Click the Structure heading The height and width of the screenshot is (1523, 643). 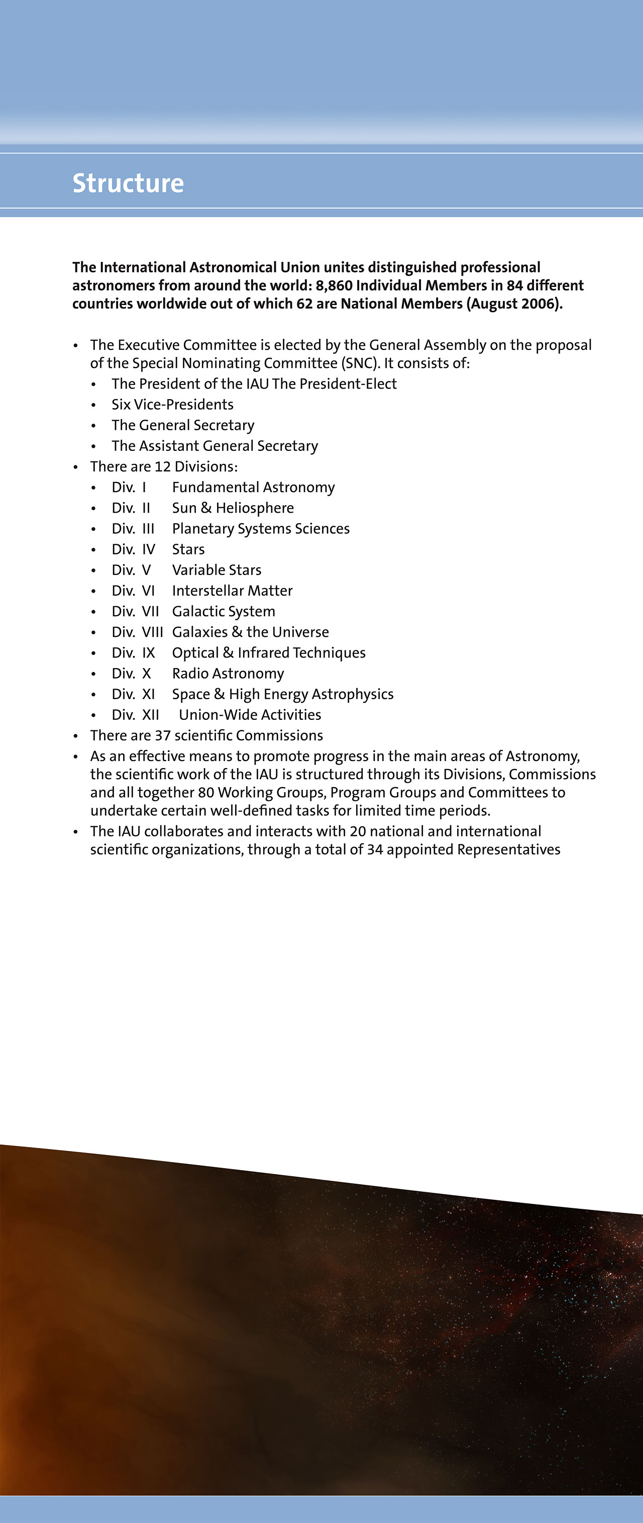[x=128, y=183]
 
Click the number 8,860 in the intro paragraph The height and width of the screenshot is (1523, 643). [x=334, y=285]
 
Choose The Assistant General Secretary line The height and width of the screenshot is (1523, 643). [x=215, y=446]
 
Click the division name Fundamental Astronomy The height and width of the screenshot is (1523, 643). [x=253, y=487]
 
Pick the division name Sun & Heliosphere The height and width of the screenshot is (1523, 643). [x=233, y=508]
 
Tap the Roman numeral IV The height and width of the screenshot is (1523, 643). [x=148, y=549]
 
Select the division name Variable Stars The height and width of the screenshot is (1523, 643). [x=217, y=570]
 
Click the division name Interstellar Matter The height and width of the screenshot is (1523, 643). [x=232, y=591]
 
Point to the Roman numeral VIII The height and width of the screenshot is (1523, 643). [x=153, y=632]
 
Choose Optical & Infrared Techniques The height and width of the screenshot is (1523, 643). [x=268, y=653]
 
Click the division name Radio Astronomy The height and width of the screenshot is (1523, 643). [x=228, y=674]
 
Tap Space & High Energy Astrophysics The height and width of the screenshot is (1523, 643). [x=282, y=694]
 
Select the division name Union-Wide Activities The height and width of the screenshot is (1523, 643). [x=250, y=715]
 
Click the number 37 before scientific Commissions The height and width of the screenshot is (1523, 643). [x=163, y=735]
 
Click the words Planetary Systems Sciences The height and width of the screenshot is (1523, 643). [x=261, y=529]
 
